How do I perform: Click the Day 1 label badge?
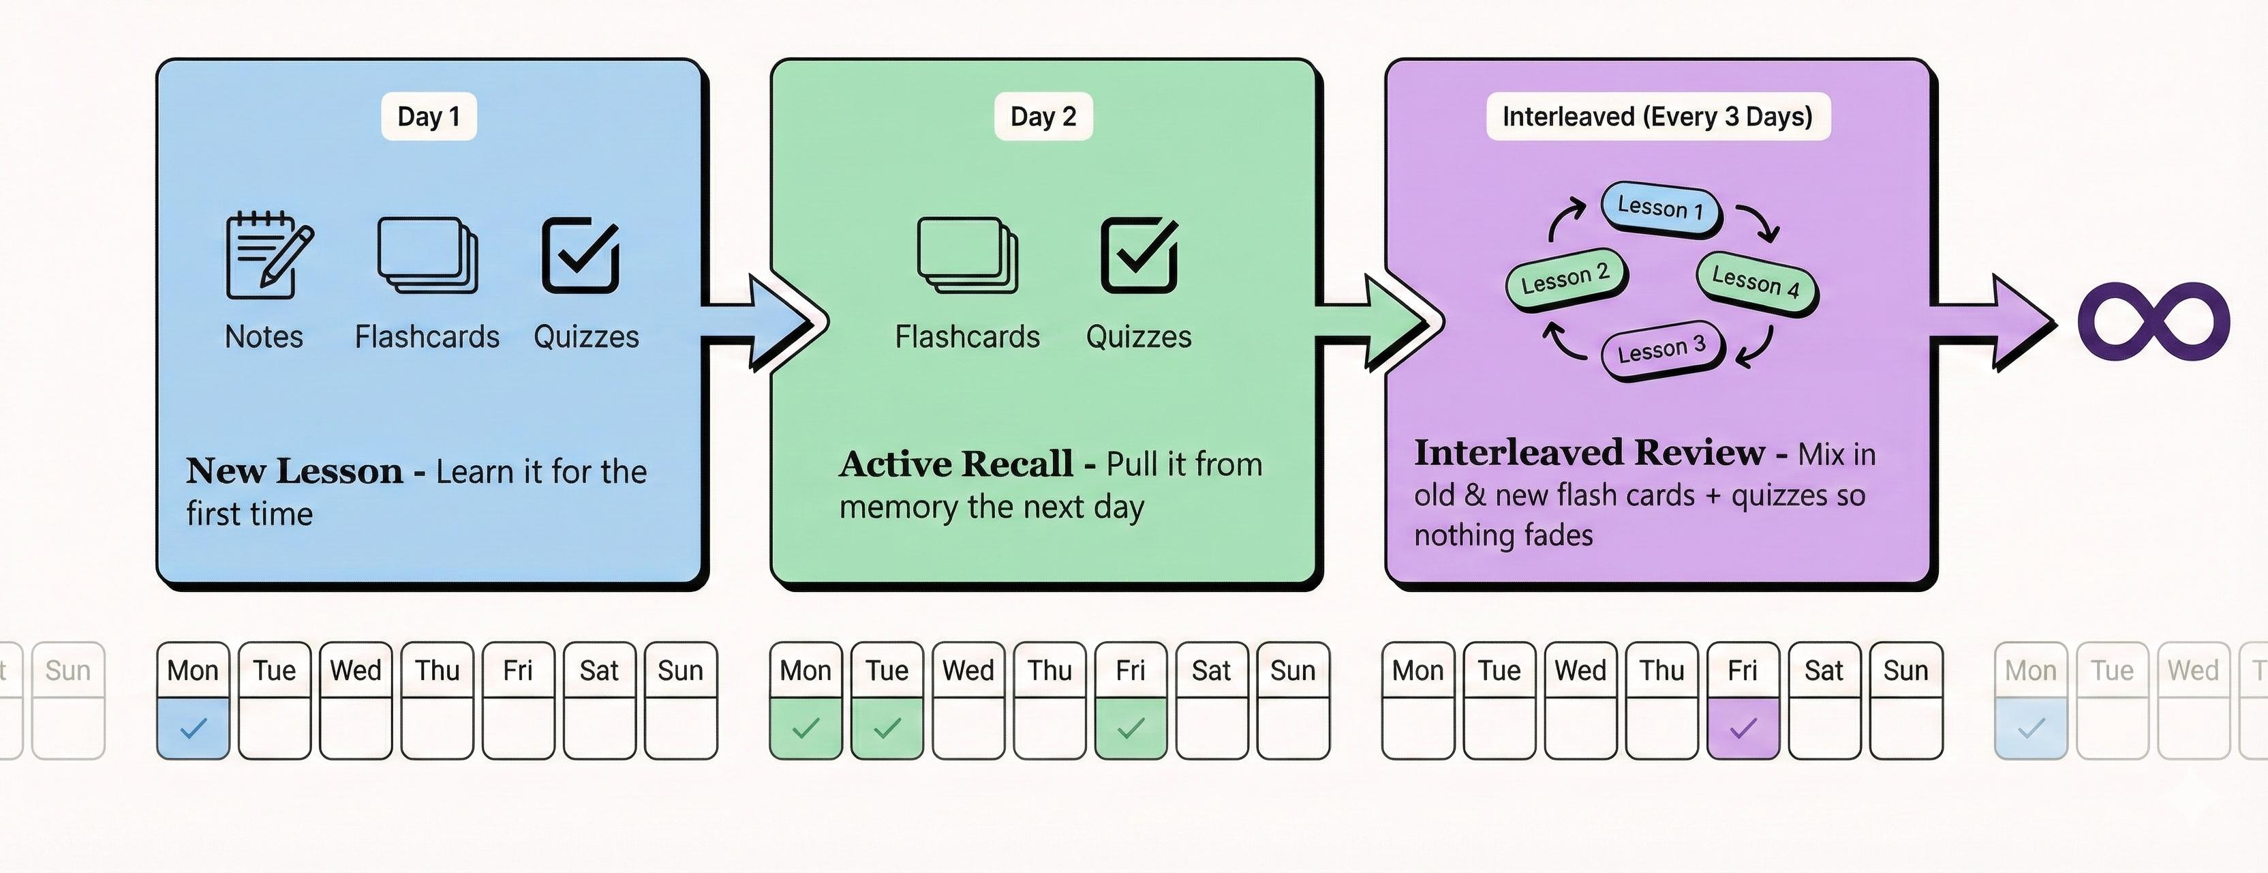pos(429,116)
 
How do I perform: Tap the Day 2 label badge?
pos(1043,116)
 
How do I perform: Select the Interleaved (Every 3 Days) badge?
pos(1658,116)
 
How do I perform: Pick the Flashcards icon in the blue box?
pos(428,256)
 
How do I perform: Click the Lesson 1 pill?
pos(1659,209)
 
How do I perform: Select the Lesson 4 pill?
pos(1756,282)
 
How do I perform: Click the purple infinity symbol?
pos(2154,321)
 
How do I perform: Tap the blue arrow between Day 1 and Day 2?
pos(764,321)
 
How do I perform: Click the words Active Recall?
pos(956,464)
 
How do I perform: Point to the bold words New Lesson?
pos(295,471)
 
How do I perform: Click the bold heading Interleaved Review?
pos(1589,453)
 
